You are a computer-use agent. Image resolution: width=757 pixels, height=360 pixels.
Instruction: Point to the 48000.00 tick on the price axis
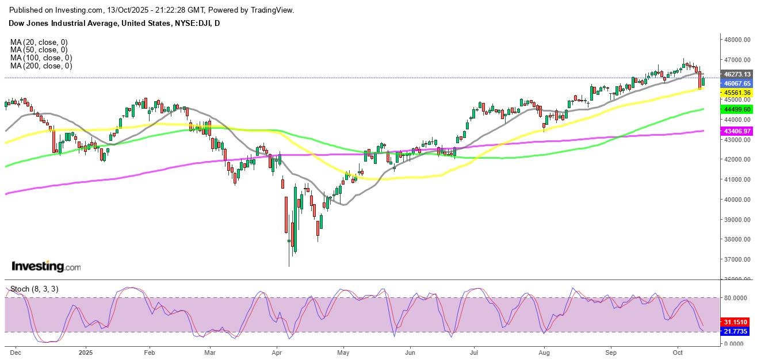737,40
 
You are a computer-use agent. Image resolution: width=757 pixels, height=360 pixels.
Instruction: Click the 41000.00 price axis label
737,179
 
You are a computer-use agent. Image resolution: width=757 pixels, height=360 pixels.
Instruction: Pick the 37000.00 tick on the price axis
737,259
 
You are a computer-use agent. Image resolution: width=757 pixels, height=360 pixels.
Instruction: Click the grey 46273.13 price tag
737,74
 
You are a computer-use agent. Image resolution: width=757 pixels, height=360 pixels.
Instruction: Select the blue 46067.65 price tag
737,83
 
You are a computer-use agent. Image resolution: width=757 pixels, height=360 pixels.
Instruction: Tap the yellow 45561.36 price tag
737,93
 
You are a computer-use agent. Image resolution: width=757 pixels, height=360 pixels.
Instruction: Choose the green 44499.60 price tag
737,109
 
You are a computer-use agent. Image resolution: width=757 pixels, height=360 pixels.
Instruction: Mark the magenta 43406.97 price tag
737,131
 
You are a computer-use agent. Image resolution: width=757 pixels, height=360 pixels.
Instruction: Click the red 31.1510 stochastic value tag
737,322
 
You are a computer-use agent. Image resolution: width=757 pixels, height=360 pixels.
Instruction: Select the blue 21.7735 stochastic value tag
737,332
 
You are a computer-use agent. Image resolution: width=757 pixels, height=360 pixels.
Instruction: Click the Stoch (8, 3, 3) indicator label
35,289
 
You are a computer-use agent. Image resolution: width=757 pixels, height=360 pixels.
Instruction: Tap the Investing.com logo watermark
46,267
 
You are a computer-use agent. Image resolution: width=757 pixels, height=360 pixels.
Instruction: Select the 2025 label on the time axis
86,352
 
